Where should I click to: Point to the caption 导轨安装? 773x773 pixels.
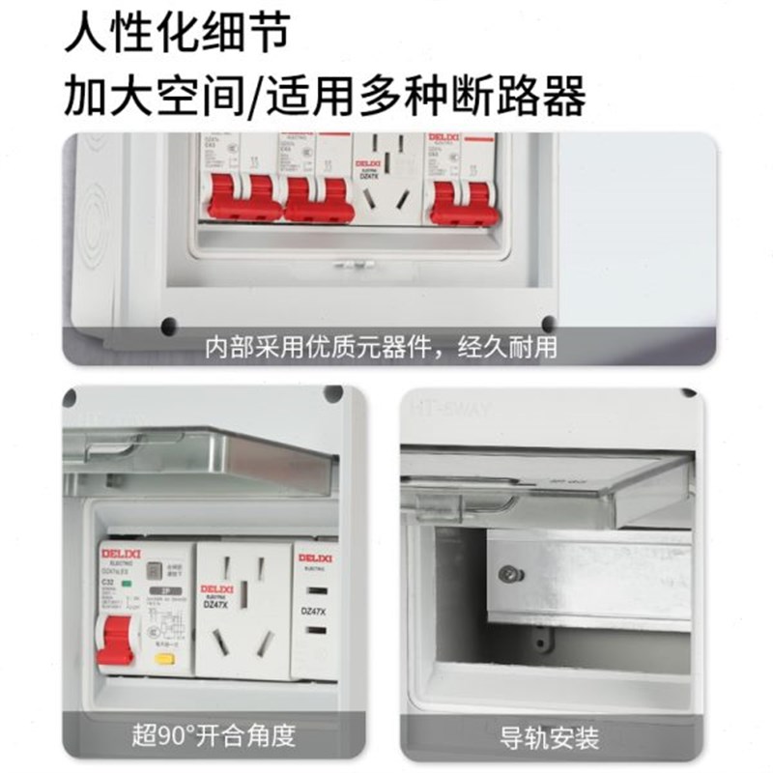point(550,738)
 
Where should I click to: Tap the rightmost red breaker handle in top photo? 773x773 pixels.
point(464,201)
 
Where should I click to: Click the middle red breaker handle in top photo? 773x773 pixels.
point(320,198)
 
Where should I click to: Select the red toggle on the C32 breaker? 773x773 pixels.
point(117,641)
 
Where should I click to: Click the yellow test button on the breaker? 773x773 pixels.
point(164,659)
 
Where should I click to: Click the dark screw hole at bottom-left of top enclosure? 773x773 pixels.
point(169,325)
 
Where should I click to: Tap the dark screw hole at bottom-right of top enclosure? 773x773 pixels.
point(548,325)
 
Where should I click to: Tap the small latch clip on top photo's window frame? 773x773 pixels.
point(347,262)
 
